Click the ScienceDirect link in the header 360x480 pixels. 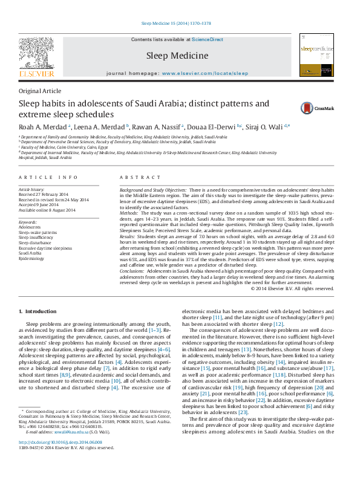pyautogui.click(x=208, y=39)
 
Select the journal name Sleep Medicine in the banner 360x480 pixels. pyautogui.click(x=177, y=55)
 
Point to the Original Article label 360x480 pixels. pyautogui.click(x=40, y=91)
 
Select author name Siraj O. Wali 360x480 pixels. pyautogui.click(x=269, y=126)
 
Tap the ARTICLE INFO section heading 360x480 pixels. pyautogui.click(x=48, y=177)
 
